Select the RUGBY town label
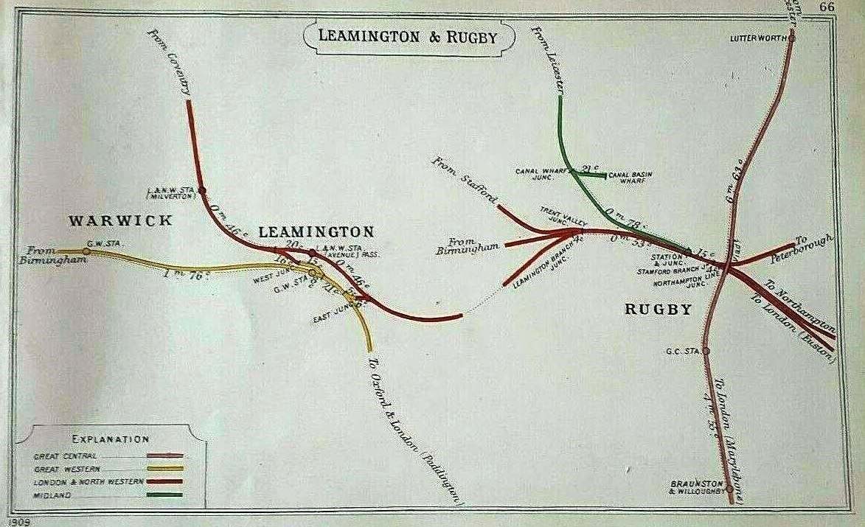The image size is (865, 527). pos(659,310)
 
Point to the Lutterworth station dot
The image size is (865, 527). pos(792,38)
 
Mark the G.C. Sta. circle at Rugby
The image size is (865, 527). pos(706,352)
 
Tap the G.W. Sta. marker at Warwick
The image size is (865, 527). pos(86,251)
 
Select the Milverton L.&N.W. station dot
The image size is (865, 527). pos(201,190)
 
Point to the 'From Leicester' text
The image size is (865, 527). pos(549,59)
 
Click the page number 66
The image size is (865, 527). pos(827,7)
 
